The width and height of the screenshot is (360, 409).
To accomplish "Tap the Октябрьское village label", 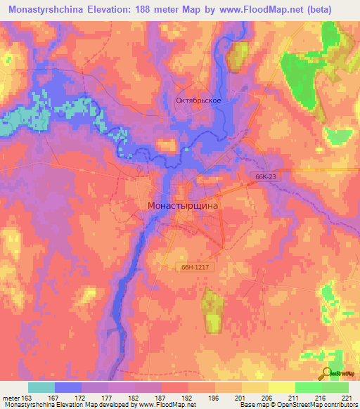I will pyautogui.click(x=198, y=100).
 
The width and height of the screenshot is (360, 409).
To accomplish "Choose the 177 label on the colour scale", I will pyautogui.click(x=108, y=397).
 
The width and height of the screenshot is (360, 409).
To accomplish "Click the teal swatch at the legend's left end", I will pyautogui.click(x=41, y=387).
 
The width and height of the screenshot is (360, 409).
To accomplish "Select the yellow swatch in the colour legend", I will pyautogui.click(x=281, y=387).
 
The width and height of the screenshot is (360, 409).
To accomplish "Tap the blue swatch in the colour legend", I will pyautogui.click(x=68, y=387).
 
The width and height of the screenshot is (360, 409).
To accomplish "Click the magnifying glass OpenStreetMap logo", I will pyautogui.click(x=329, y=372).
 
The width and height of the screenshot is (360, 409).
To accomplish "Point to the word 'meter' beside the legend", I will pyautogui.click(x=11, y=397).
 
